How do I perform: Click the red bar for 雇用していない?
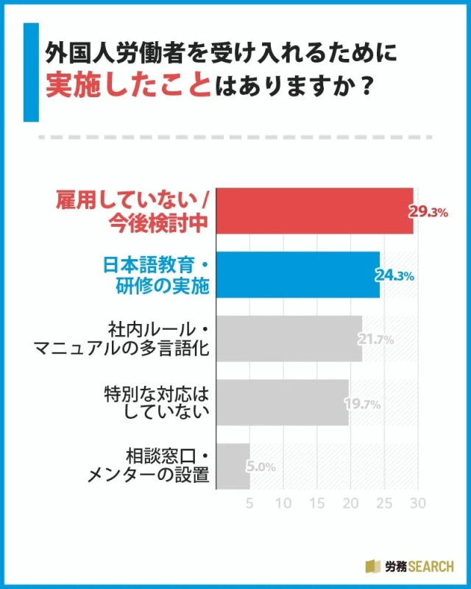click(316, 211)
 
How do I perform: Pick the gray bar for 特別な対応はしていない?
click(284, 403)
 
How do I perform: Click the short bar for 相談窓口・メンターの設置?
click(235, 466)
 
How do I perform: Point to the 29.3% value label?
click(429, 212)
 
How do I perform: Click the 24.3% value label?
click(396, 276)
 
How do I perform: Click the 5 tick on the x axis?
click(249, 504)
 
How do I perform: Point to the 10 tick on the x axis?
click(283, 504)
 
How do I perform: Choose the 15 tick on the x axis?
click(316, 504)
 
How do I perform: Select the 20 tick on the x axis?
click(350, 504)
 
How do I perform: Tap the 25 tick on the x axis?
click(384, 504)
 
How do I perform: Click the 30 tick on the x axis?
click(418, 504)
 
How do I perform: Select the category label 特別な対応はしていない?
click(157, 403)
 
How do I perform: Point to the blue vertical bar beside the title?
click(30, 71)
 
